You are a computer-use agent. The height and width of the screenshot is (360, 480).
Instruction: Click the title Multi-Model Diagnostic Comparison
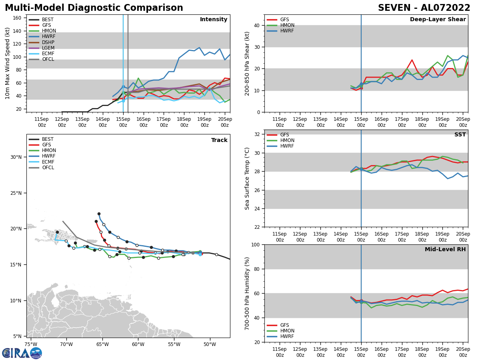[x=94, y=8]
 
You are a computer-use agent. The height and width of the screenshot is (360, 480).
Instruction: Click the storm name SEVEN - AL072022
[x=424, y=8]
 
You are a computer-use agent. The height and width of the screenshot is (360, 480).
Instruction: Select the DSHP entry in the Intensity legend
[x=48, y=42]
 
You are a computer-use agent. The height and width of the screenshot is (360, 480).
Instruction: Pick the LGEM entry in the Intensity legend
[x=48, y=48]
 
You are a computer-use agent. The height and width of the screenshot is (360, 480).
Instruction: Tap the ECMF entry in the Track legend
[x=48, y=162]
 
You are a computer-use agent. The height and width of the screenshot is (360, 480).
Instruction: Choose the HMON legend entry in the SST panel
[x=287, y=140]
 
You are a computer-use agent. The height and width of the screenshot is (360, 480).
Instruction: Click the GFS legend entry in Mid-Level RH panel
[x=284, y=325]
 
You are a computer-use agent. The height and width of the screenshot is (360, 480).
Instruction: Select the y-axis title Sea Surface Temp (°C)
[x=247, y=178]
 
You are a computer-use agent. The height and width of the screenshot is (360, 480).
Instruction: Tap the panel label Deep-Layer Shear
[x=438, y=20]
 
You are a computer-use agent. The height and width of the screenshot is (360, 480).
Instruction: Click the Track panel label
[x=219, y=140]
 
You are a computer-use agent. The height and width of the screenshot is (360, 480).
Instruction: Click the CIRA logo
[x=22, y=353]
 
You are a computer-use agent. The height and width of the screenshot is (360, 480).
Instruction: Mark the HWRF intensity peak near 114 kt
[x=199, y=48]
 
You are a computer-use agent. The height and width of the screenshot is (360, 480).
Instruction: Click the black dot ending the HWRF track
[x=99, y=214]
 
